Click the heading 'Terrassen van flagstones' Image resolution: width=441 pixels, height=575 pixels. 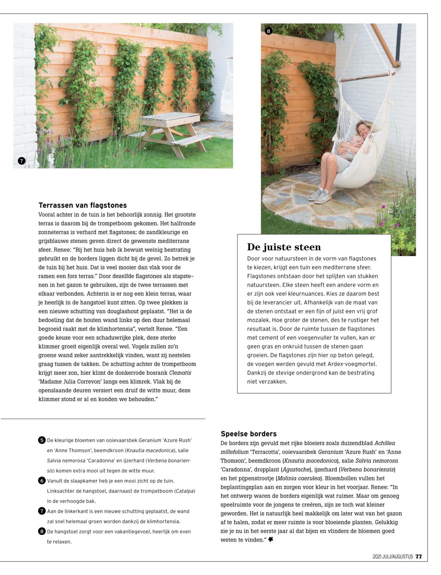pyautogui.click(x=83, y=205)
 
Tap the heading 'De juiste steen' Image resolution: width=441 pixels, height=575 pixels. pyautogui.click(x=284, y=247)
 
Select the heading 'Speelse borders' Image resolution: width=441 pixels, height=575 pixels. pyautogui.click(x=249, y=434)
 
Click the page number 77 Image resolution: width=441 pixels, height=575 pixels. pyautogui.click(x=419, y=557)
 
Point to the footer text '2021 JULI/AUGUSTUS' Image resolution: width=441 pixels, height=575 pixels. pyautogui.click(x=392, y=557)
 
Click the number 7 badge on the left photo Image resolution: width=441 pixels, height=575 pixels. pyautogui.click(x=22, y=161)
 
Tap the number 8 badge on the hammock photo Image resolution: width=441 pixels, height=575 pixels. pyautogui.click(x=268, y=31)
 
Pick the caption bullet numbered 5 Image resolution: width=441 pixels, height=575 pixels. pyautogui.click(x=42, y=440)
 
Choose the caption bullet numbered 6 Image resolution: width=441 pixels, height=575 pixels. pyautogui.click(x=42, y=481)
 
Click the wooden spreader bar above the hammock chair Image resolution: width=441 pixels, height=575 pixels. pyautogui.click(x=365, y=77)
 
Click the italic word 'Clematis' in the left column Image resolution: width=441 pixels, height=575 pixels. pyautogui.click(x=180, y=373)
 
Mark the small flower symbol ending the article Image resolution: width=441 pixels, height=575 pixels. pyautogui.click(x=271, y=539)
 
